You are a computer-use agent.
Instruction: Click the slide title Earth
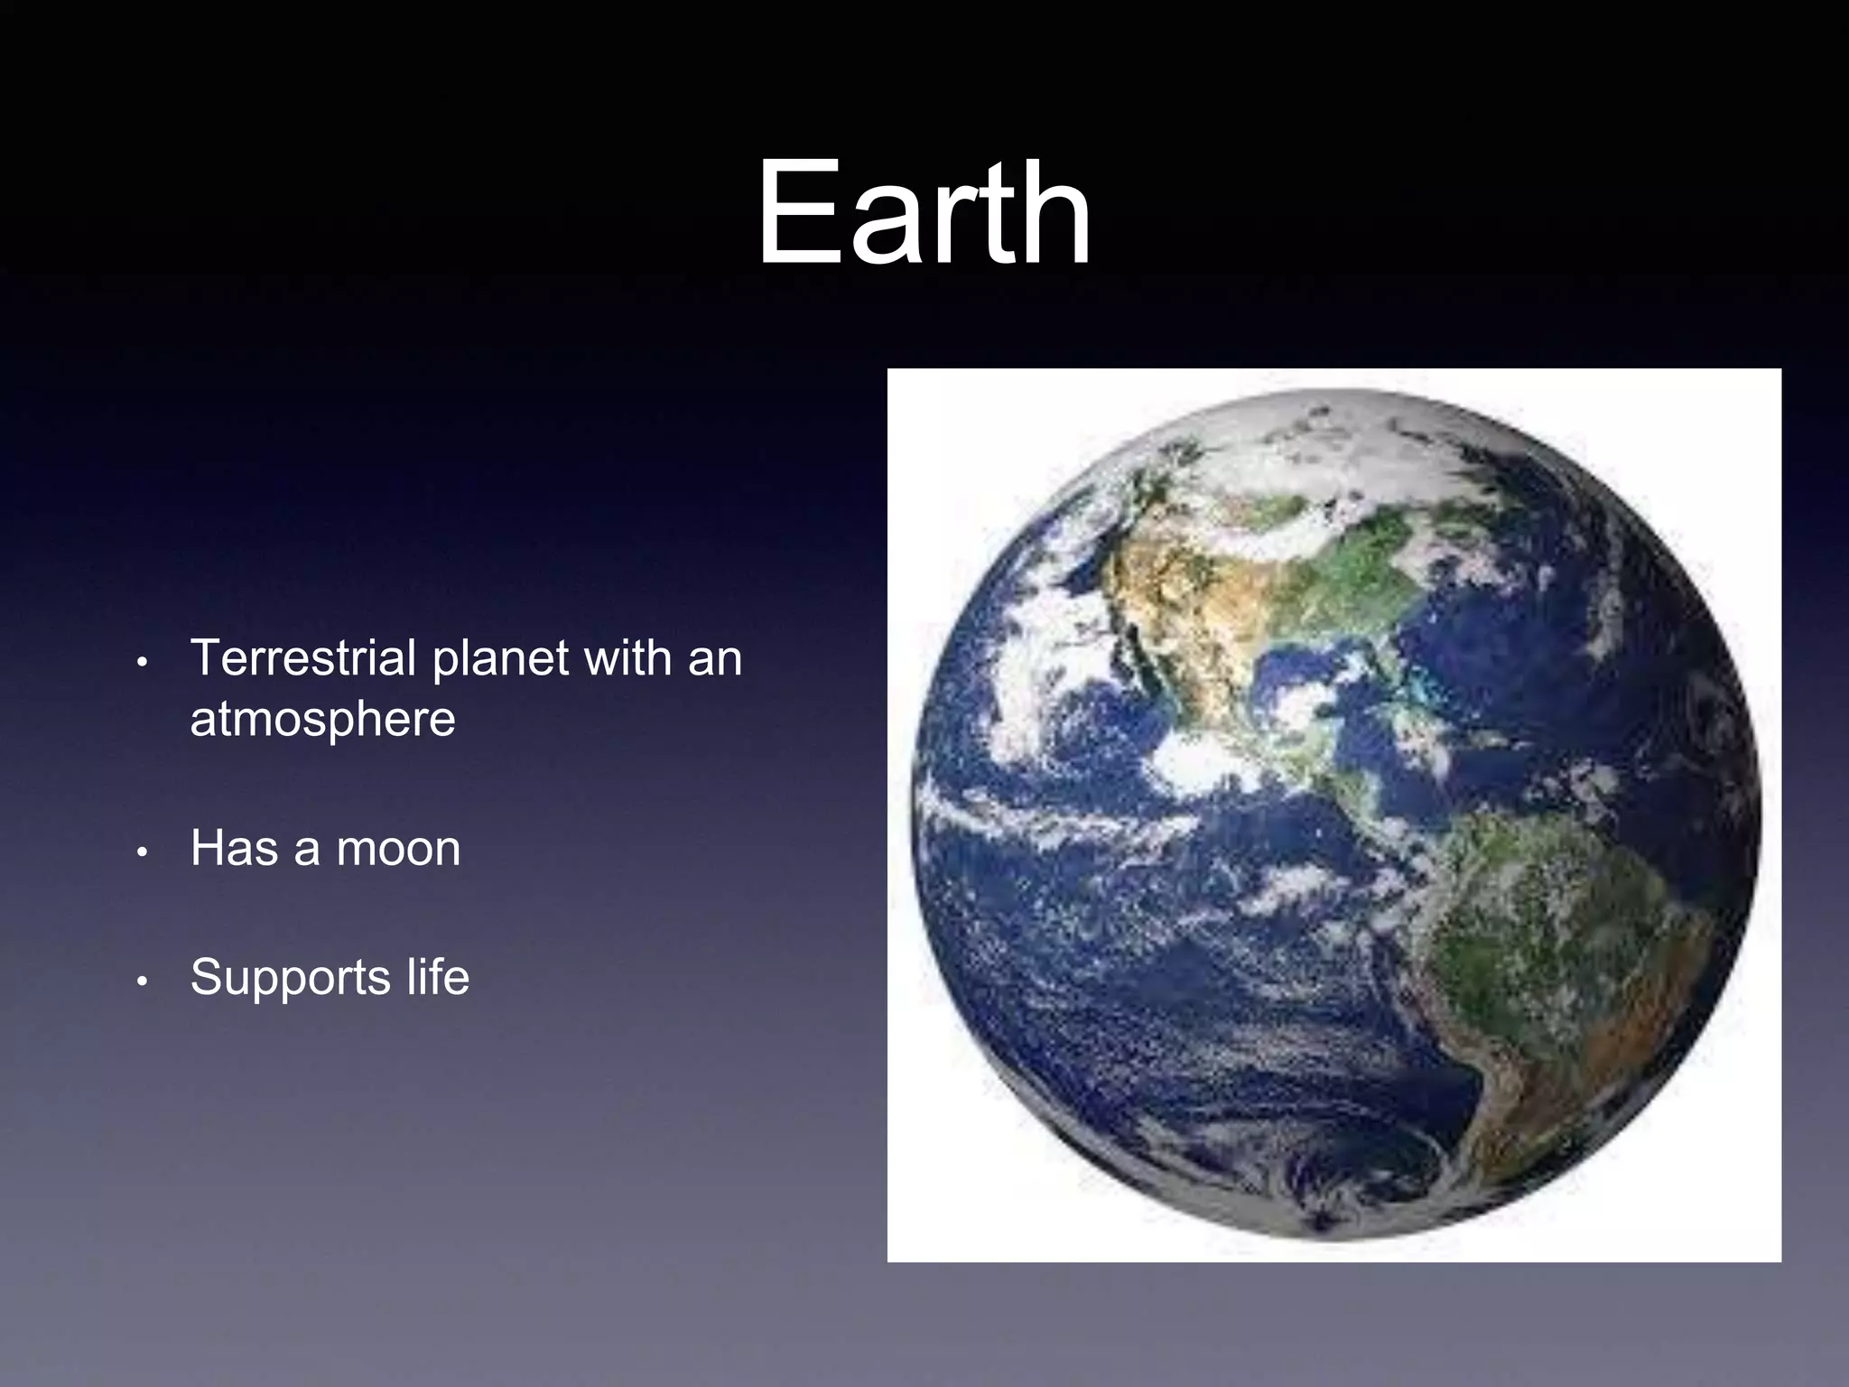tap(924, 213)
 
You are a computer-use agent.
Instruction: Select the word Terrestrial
tap(302, 657)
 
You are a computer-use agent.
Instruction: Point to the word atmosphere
tap(322, 720)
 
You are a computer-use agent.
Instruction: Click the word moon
tap(398, 849)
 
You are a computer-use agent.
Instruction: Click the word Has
tap(234, 849)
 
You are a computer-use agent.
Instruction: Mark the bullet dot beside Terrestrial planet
tap(141, 663)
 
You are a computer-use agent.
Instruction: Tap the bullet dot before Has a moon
tap(141, 853)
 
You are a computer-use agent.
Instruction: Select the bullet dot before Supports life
tap(141, 982)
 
